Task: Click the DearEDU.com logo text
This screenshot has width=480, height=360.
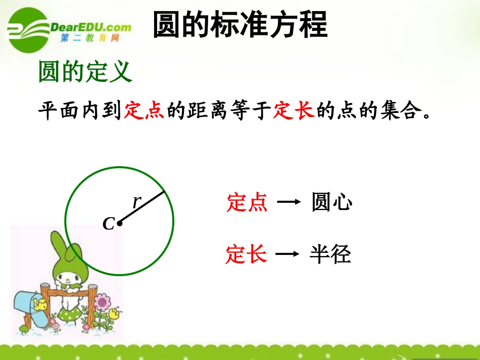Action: pyautogui.click(x=91, y=27)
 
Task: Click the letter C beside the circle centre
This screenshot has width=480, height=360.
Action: pyautogui.click(x=108, y=224)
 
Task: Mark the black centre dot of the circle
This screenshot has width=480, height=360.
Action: pyautogui.click(x=119, y=223)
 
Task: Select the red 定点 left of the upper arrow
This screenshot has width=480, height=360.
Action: pyautogui.click(x=247, y=203)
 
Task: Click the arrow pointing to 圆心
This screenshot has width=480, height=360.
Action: pyautogui.click(x=289, y=203)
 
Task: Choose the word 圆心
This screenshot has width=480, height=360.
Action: pyautogui.click(x=331, y=203)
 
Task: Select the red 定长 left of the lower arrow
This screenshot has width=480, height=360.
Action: pyautogui.click(x=246, y=254)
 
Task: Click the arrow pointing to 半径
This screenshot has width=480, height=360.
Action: pyautogui.click(x=287, y=254)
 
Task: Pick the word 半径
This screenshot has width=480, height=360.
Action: pyautogui.click(x=330, y=255)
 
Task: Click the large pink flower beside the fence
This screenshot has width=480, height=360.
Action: pyautogui.click(x=103, y=302)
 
